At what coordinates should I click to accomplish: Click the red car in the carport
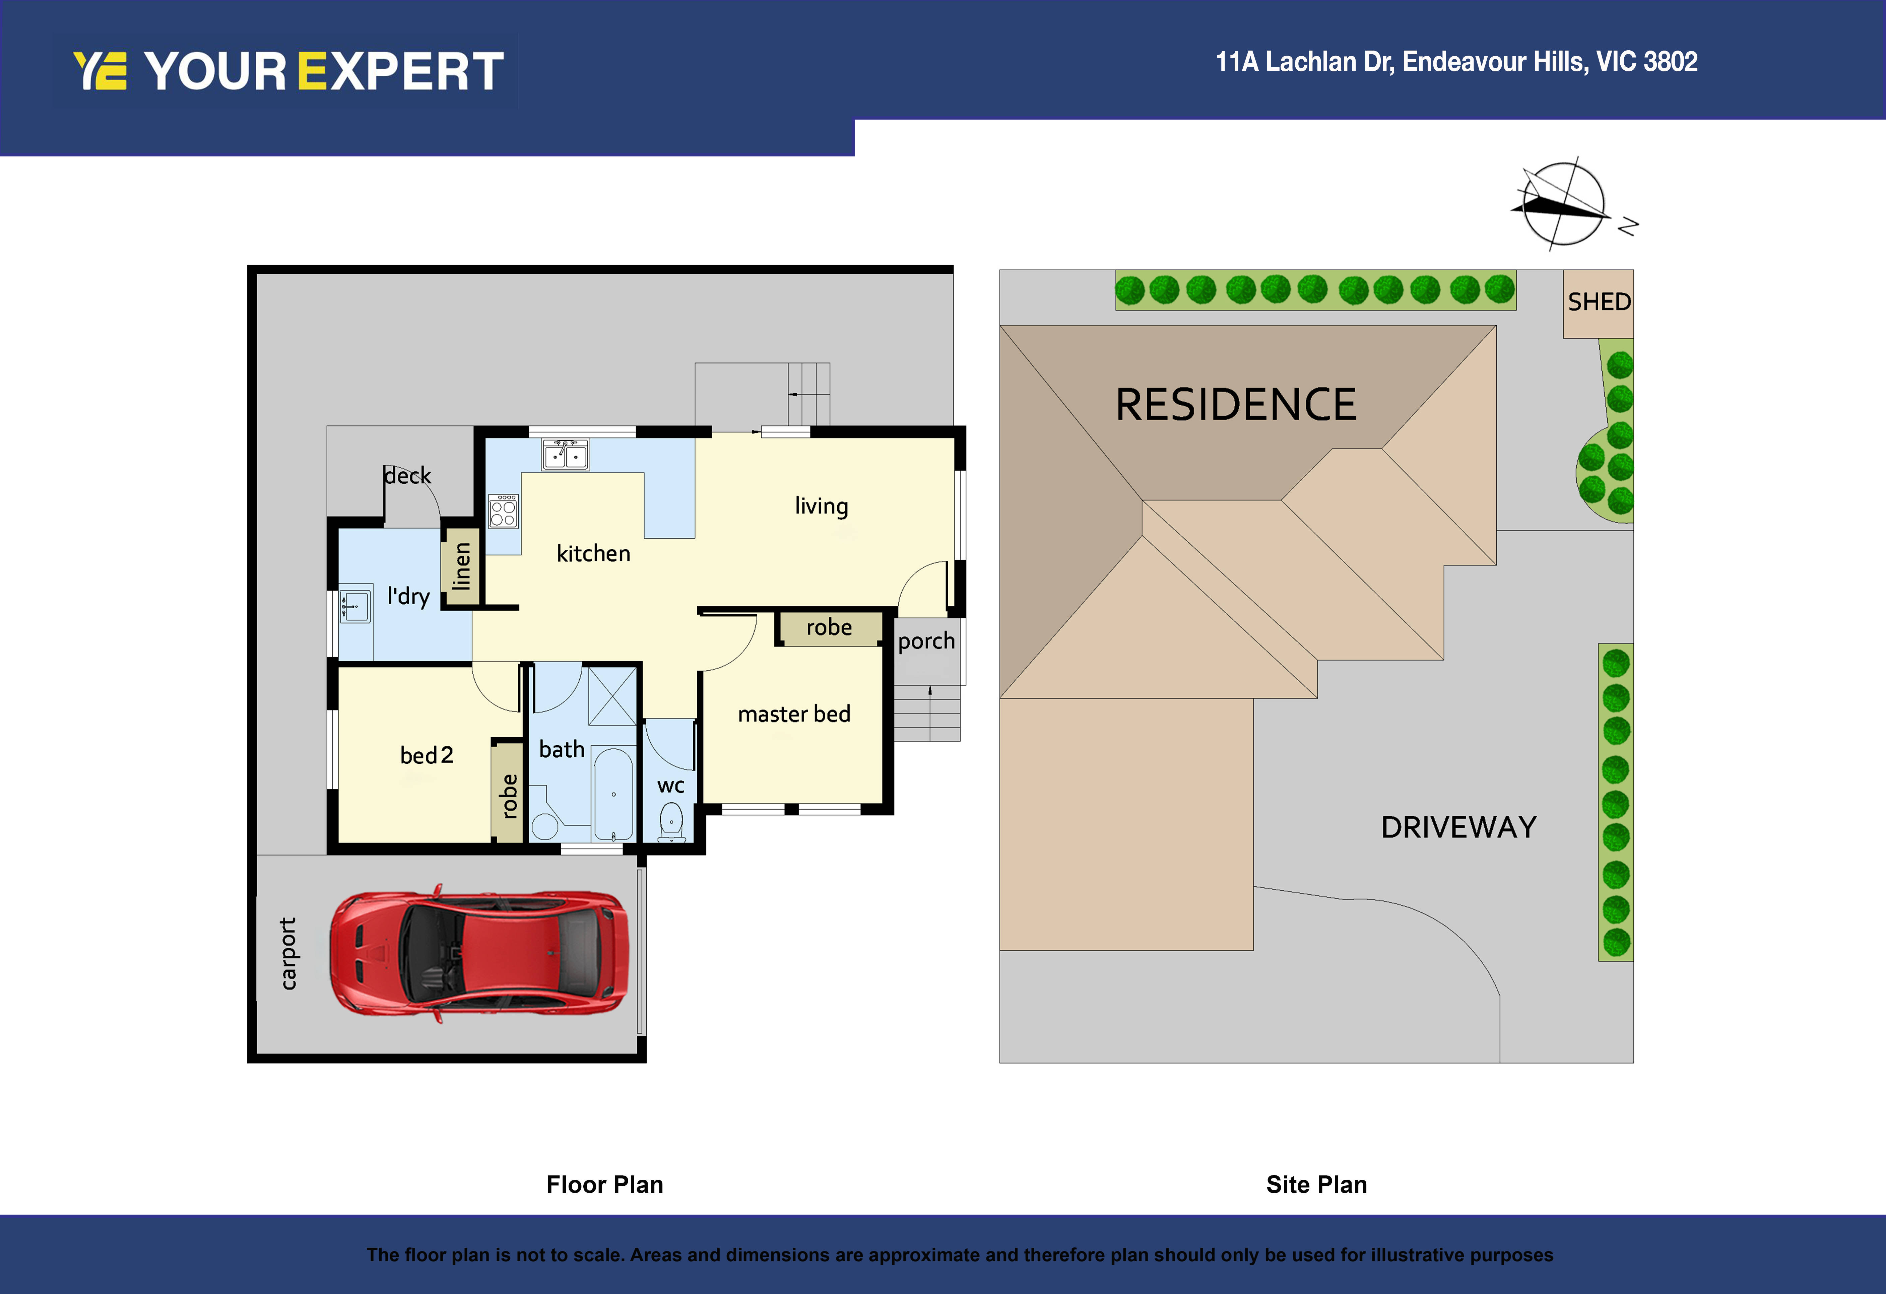[x=479, y=953]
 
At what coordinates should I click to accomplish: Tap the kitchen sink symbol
[x=566, y=455]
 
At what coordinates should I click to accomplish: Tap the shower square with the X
[x=612, y=696]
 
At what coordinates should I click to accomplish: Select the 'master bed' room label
[x=794, y=714]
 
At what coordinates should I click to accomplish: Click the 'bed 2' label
[x=426, y=755]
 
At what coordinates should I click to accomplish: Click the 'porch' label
[x=926, y=641]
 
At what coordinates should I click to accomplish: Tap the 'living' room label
[x=821, y=506]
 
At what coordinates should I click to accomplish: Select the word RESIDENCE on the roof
[x=1235, y=405]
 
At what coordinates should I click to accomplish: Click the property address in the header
[x=1456, y=62]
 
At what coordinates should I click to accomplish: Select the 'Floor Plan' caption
[x=604, y=1184]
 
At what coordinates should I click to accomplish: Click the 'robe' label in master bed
[x=829, y=627]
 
